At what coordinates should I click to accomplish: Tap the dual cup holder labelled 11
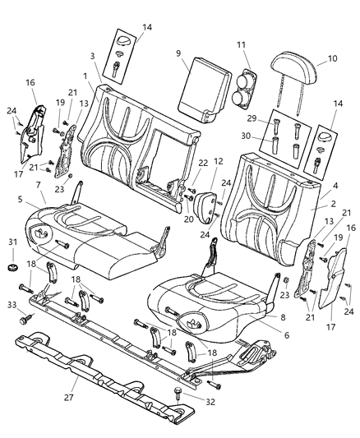tap(244, 88)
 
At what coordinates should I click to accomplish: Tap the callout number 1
tap(85, 74)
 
